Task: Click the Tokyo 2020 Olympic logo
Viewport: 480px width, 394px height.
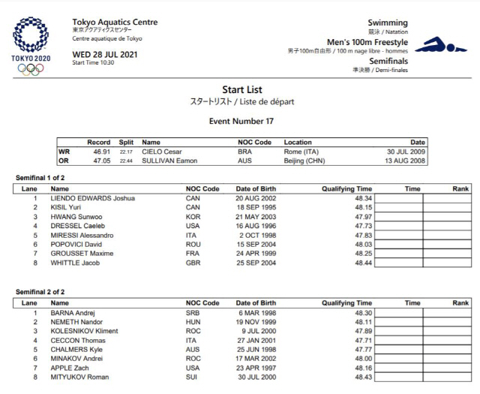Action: [x=32, y=44]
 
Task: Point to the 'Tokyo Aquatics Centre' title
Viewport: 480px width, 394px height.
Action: [x=115, y=23]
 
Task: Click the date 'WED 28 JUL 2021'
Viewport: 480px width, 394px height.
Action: [x=104, y=54]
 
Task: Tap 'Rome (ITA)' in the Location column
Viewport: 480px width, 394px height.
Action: [x=301, y=151]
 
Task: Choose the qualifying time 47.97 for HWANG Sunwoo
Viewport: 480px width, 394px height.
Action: [x=363, y=215]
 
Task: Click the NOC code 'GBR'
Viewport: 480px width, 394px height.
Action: [x=193, y=263]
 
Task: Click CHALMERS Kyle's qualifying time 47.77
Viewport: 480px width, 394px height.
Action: [x=363, y=348]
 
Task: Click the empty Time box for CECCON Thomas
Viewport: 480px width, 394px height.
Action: [x=397, y=339]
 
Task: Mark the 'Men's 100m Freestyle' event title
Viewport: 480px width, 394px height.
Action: [x=367, y=42]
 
